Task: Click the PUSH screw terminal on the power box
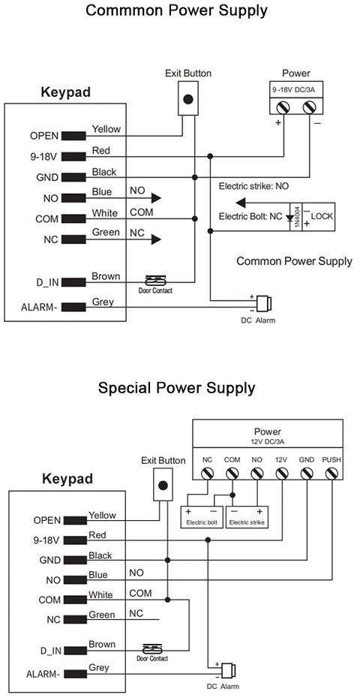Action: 331,474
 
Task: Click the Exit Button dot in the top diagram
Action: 188,99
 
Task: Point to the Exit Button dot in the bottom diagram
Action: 163,486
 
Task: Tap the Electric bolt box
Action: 202,517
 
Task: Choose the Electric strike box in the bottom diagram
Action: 247,517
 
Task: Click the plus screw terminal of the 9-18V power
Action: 283,107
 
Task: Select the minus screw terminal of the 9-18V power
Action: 309,107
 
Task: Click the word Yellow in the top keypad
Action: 106,129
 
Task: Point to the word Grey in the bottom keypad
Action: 99,668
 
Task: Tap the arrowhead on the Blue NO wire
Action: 155,198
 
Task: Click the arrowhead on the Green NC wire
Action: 155,239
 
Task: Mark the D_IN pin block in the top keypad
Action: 73,282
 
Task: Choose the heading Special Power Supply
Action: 177,388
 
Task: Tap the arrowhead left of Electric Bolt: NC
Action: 241,203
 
